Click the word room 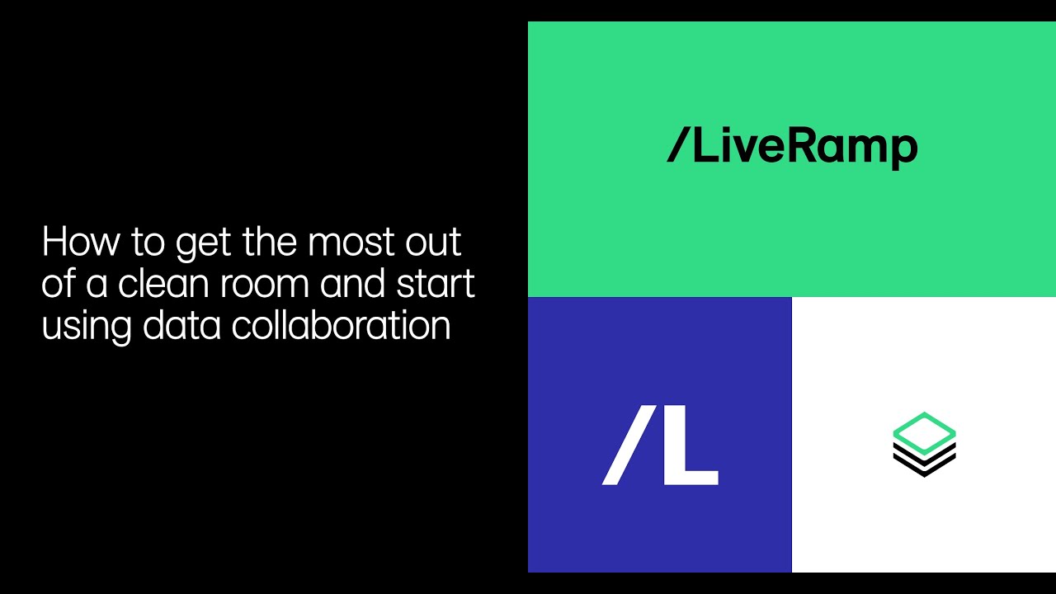[267, 284]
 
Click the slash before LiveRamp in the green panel [677, 147]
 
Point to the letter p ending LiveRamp [904, 151]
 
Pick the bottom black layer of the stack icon [924, 467]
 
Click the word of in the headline [59, 284]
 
